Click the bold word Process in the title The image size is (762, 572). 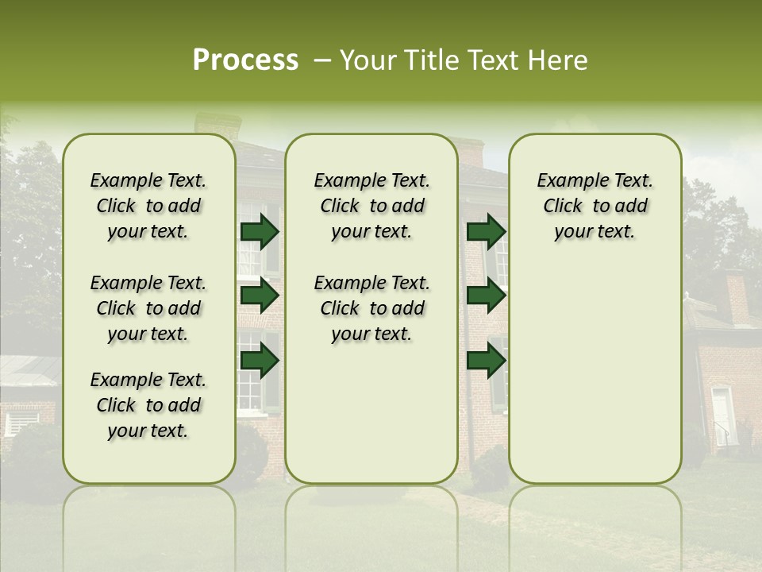(245, 60)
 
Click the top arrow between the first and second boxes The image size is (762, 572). (259, 231)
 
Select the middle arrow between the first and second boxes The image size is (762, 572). (259, 296)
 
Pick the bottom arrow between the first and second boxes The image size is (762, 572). (259, 361)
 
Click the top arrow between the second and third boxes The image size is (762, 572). (486, 231)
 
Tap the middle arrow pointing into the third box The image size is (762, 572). (486, 296)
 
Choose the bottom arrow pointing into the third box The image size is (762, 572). (486, 361)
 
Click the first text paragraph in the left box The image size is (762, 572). (148, 206)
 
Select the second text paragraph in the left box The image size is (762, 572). (148, 308)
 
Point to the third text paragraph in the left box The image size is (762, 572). (148, 405)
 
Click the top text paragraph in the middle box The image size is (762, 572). (371, 206)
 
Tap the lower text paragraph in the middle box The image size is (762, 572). (371, 308)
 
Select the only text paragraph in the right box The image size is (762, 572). (595, 206)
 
